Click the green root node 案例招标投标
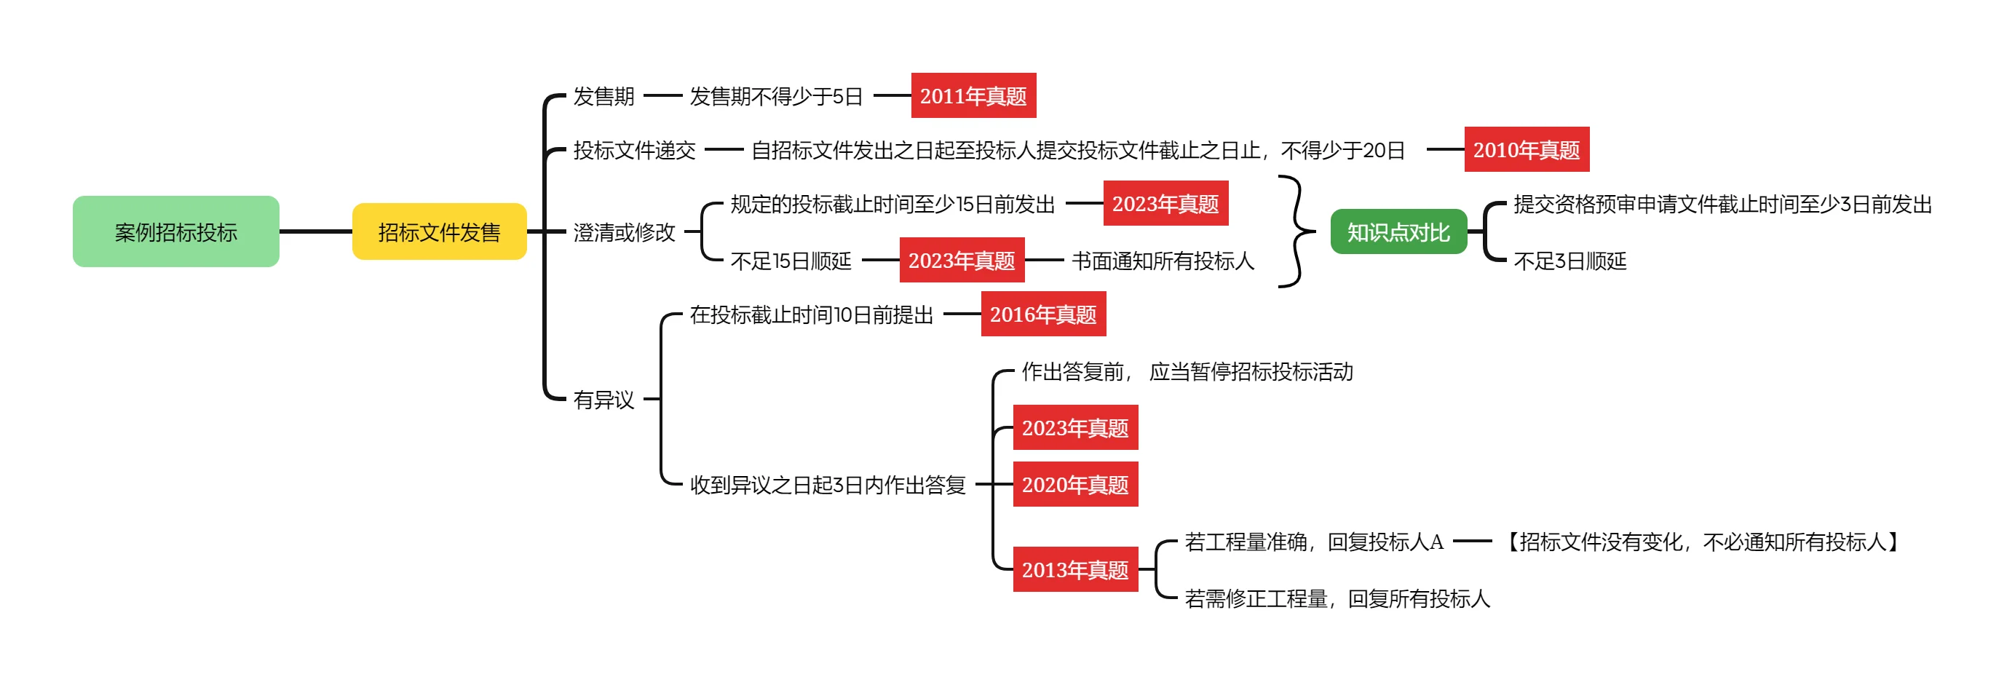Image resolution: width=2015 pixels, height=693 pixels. coord(176,231)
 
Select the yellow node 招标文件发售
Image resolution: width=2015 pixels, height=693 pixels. coord(439,231)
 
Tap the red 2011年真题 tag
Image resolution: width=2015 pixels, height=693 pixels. coord(973,95)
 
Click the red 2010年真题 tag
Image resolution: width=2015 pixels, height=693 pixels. coord(1526,149)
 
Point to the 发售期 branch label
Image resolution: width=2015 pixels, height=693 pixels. coord(603,96)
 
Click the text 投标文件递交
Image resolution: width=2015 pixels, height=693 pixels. coord(633,150)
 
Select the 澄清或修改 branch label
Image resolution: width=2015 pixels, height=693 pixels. coord(623,232)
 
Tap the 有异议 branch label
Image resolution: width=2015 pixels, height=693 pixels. coord(603,400)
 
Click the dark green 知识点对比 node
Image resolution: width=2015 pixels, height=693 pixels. coord(1398,231)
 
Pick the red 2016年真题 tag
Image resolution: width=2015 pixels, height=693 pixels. coord(1042,314)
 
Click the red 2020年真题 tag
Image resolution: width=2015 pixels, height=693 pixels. coord(1074,485)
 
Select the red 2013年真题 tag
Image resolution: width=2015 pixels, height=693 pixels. coord(1074,569)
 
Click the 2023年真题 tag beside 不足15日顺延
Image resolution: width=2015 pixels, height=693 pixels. coord(962,261)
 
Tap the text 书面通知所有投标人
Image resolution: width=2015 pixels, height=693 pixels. coord(1163,261)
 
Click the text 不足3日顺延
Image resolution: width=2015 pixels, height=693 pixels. coord(1569,261)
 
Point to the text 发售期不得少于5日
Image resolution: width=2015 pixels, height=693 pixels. coord(775,96)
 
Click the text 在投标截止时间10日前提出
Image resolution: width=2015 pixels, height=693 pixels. coord(811,314)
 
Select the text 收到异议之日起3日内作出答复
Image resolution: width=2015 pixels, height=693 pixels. coord(827,485)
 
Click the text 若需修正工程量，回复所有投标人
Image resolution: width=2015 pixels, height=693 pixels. coord(1337,598)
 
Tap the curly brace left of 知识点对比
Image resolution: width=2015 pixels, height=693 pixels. coord(1295,231)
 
